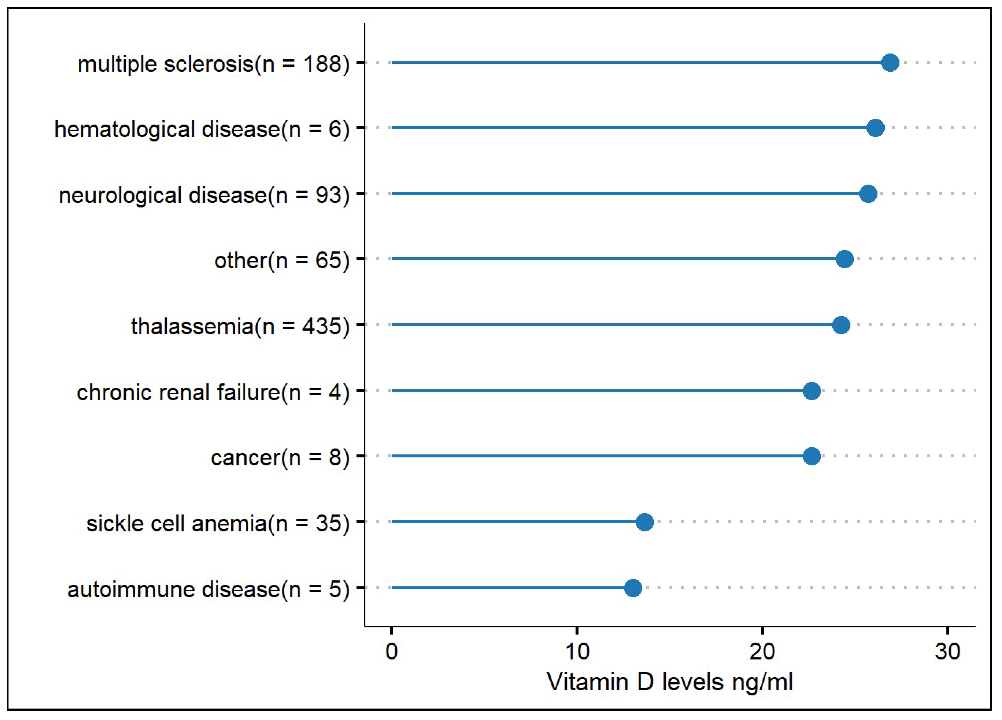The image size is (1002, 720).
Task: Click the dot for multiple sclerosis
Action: pyautogui.click(x=890, y=63)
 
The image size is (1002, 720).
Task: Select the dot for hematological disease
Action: pyautogui.click(x=875, y=128)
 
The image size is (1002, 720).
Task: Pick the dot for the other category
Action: pyautogui.click(x=844, y=259)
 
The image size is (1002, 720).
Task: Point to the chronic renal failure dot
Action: pyautogui.click(x=812, y=391)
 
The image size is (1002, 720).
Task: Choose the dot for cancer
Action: pyautogui.click(x=812, y=456)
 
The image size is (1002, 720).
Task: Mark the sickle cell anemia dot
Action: pyautogui.click(x=645, y=522)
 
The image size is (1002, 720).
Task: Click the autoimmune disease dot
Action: pyautogui.click(x=633, y=588)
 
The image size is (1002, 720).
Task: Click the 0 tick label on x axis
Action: pyautogui.click(x=391, y=652)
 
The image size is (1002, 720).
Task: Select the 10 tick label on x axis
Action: pyautogui.click(x=577, y=652)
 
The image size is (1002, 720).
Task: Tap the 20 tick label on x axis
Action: pyautogui.click(x=762, y=652)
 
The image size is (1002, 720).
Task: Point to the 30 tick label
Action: pyautogui.click(x=948, y=652)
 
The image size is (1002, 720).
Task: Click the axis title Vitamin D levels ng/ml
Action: pyautogui.click(x=669, y=682)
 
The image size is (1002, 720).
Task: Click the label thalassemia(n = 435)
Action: pyautogui.click(x=240, y=327)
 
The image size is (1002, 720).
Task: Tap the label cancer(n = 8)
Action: pyautogui.click(x=280, y=458)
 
